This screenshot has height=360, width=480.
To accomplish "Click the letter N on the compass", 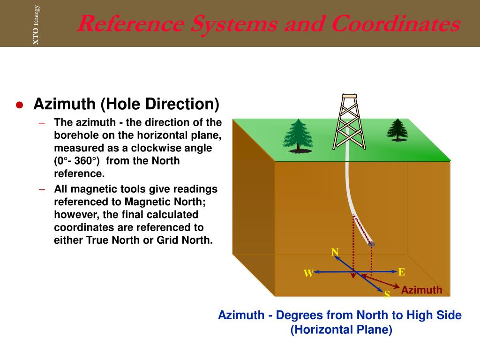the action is click(x=335, y=253).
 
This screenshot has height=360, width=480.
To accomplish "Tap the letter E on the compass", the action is click(x=401, y=272).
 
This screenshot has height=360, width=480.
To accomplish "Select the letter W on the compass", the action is click(x=308, y=274).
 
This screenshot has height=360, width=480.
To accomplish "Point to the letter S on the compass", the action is click(x=387, y=295).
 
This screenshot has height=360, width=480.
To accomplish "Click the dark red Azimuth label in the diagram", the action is click(x=421, y=290).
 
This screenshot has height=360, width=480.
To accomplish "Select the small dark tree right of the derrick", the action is click(x=397, y=129).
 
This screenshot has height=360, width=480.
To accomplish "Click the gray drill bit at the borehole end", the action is click(x=372, y=244).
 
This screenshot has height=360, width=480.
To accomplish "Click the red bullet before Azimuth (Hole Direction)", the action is click(x=19, y=105).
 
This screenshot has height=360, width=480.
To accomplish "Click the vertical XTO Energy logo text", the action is click(x=36, y=25).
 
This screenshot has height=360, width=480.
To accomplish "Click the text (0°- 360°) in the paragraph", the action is click(x=77, y=161).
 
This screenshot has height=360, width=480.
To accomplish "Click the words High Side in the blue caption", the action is click(x=435, y=315).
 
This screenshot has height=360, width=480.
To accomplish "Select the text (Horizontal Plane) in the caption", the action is click(x=341, y=330).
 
